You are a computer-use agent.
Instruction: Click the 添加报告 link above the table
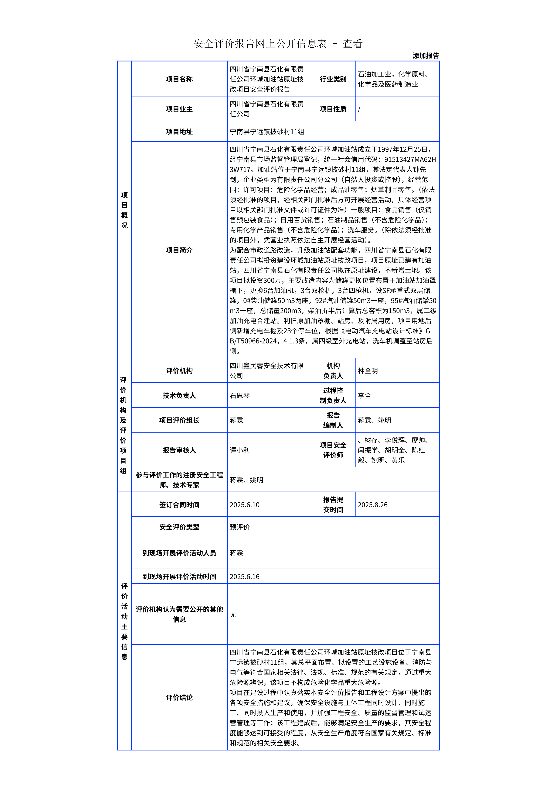[425, 56]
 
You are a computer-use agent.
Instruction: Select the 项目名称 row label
[179, 79]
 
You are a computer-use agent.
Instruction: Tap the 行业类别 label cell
[333, 79]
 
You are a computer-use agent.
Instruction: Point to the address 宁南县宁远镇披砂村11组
[267, 132]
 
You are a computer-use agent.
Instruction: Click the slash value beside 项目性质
[359, 109]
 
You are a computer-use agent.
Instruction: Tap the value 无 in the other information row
[233, 614]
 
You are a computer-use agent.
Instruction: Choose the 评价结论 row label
[179, 698]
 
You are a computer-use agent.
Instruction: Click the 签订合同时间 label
[179, 505]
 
